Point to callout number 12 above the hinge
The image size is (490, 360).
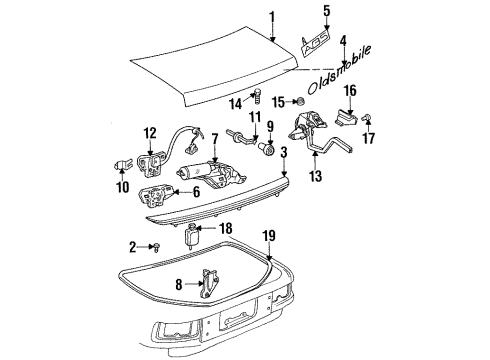point(151,134)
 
